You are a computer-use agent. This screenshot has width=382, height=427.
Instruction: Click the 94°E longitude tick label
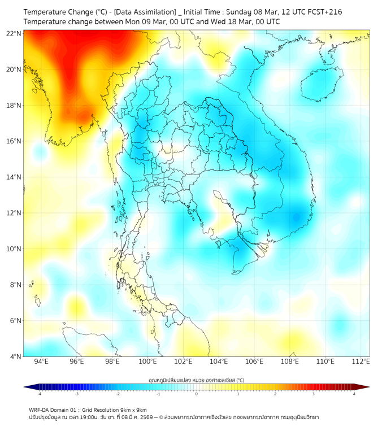[x=41, y=361]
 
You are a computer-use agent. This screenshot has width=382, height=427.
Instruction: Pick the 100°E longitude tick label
[x=147, y=361]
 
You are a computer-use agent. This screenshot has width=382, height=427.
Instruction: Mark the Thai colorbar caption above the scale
[x=196, y=380]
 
